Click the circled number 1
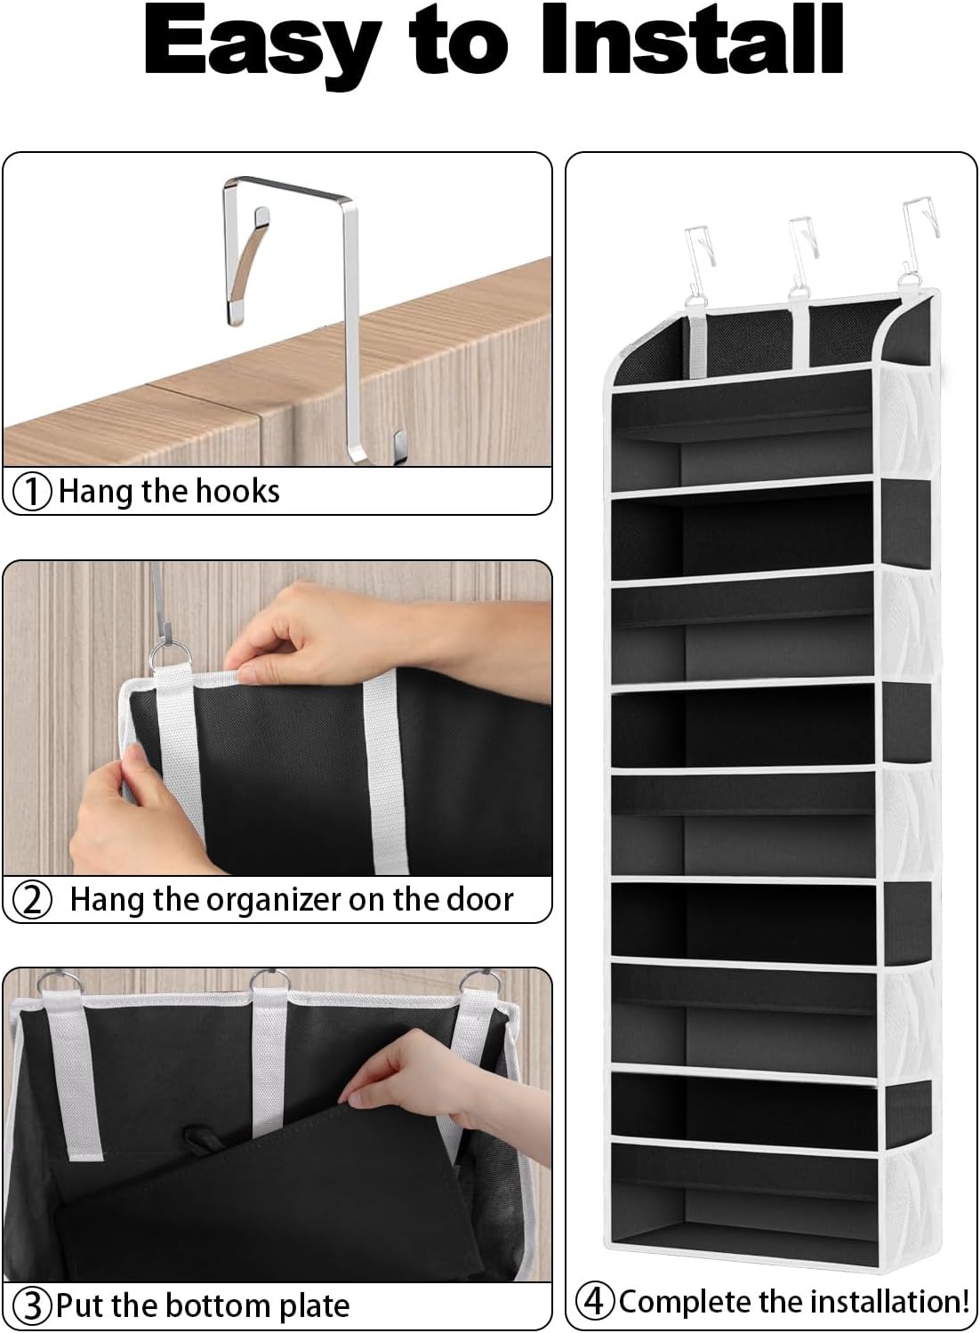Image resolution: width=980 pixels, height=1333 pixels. tap(34, 492)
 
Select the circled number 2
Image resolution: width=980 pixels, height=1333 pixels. tap(34, 900)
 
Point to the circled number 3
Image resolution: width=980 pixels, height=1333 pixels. tap(34, 1306)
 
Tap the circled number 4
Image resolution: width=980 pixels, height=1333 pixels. tap(595, 1301)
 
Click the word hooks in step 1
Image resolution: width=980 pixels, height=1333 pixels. tap(237, 491)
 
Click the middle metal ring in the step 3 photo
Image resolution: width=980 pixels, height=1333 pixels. tap(269, 984)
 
